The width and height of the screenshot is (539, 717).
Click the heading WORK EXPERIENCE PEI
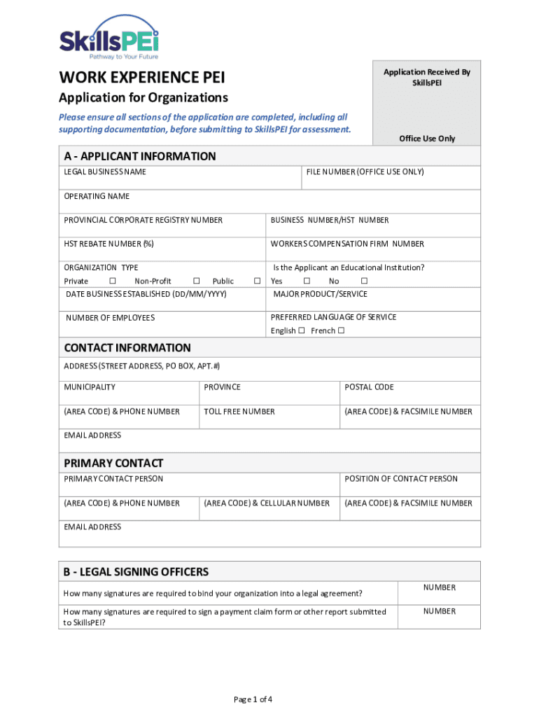point(141,77)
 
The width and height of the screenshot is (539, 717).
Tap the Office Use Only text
point(427,139)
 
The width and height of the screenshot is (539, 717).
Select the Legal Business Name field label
point(105,172)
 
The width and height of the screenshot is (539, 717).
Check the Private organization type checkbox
point(112,281)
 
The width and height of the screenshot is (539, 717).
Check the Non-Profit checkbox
point(196,281)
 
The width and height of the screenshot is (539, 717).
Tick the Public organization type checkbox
point(257,281)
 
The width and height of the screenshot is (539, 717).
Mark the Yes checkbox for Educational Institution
point(307,281)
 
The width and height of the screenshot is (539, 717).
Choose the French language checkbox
point(341,331)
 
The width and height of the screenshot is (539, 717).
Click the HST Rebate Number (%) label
point(108,244)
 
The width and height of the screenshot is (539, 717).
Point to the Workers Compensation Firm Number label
point(347,244)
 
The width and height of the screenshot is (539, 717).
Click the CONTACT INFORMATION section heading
point(127,348)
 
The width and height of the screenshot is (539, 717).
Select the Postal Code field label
point(369,387)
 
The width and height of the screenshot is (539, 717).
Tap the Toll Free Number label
point(239,412)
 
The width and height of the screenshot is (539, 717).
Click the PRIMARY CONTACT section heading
point(113,464)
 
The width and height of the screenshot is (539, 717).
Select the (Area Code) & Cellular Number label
point(267,503)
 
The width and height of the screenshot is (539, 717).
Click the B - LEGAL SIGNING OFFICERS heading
point(136,572)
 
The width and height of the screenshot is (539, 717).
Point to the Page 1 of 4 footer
point(253,699)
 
